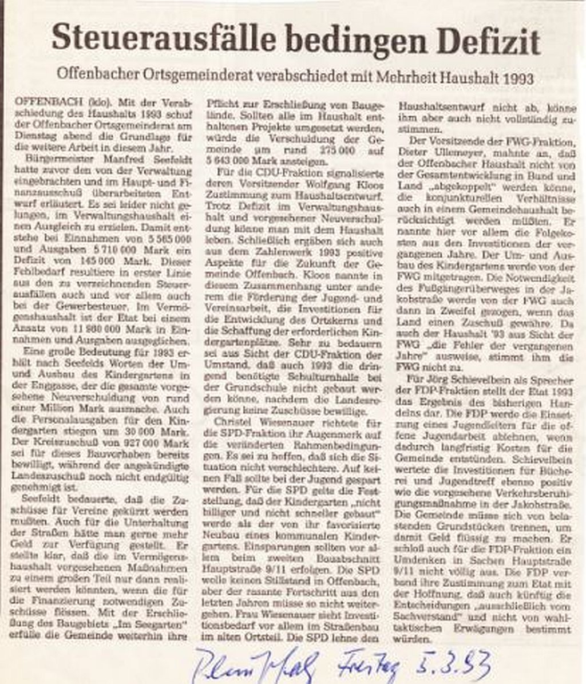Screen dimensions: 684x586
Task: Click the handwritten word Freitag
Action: (367, 665)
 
